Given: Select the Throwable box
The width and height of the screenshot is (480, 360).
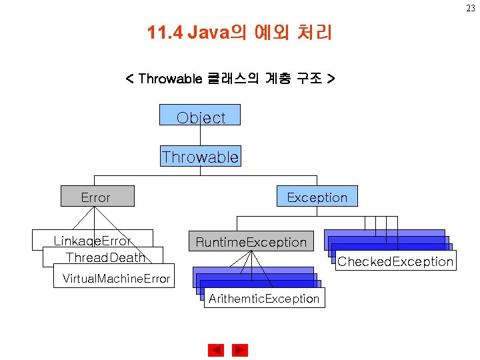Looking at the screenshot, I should click(x=200, y=157).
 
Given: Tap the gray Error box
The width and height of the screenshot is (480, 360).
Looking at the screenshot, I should click(x=97, y=196).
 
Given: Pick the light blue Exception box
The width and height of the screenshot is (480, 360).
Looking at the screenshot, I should click(x=317, y=196).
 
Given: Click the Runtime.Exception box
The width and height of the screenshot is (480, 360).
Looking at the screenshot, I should click(x=251, y=241).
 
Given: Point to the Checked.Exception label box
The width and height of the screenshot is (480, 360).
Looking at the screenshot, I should click(x=395, y=261).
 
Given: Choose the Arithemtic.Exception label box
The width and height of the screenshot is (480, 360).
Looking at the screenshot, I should click(x=264, y=298).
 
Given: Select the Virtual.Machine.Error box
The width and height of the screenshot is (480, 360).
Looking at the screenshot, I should click(x=115, y=278).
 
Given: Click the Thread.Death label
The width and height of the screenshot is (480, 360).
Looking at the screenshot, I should click(x=105, y=257).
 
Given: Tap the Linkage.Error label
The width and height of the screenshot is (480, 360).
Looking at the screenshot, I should click(x=92, y=240).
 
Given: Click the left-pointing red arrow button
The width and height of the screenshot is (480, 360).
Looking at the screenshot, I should click(x=216, y=350).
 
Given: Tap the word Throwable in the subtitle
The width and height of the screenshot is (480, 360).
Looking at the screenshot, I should click(x=170, y=79).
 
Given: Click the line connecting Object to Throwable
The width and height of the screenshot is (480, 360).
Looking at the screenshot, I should click(x=200, y=135).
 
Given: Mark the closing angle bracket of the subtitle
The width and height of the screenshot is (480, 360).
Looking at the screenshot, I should click(x=331, y=79).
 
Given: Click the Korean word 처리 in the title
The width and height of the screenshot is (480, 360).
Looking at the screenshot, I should click(x=313, y=32).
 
